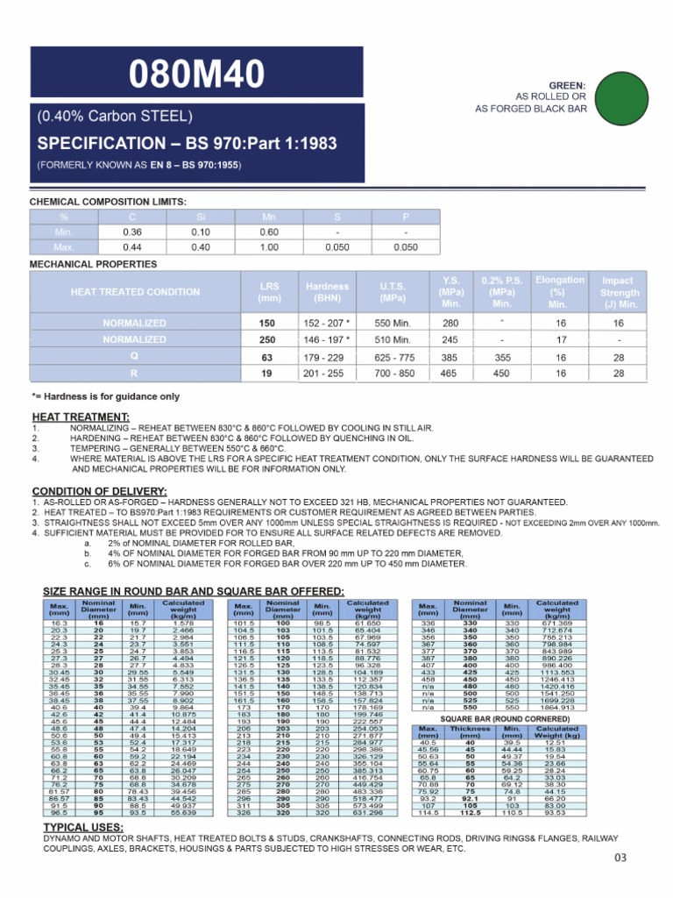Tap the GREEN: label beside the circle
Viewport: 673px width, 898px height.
click(568, 85)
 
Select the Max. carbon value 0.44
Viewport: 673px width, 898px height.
click(131, 248)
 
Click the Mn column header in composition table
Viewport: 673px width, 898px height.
click(268, 216)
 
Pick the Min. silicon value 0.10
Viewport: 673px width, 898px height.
click(200, 232)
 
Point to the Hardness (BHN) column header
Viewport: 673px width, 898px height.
click(327, 292)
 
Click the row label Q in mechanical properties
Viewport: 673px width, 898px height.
click(134, 357)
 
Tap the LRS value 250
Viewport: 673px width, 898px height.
click(268, 340)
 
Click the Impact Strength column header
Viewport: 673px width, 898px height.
click(619, 292)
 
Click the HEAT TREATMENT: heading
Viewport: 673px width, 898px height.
click(81, 416)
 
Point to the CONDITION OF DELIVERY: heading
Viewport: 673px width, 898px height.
click(99, 490)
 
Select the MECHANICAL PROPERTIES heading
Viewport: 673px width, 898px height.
click(94, 264)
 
